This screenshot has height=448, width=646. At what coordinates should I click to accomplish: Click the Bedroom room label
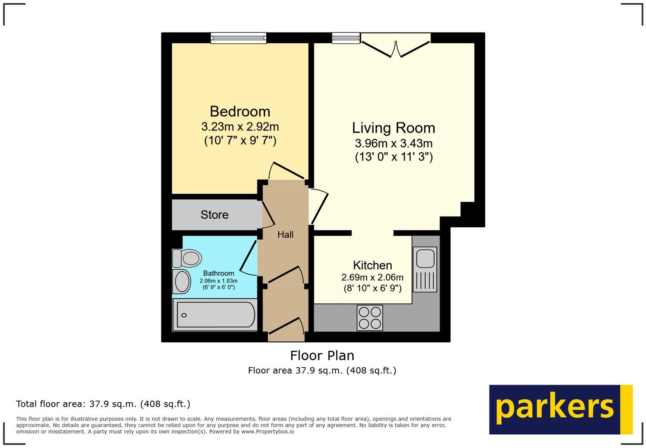point(240,112)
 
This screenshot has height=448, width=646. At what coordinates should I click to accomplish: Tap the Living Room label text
point(393,128)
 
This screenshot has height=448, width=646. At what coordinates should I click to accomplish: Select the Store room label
point(214,215)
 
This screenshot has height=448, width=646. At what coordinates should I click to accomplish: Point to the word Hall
point(285,235)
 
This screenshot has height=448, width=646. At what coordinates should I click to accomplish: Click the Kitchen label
point(372,265)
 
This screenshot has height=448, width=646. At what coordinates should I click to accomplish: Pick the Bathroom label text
point(218,273)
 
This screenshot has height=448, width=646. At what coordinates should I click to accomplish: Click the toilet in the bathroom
point(187,258)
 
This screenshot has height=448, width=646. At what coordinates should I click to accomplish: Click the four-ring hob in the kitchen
point(370,318)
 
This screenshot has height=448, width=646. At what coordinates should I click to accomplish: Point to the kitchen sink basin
point(424,259)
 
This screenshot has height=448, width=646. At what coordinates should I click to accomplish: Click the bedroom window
point(238,38)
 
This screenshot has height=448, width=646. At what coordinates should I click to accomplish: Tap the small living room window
point(346,38)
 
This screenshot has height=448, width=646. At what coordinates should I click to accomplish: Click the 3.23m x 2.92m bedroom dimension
point(240,126)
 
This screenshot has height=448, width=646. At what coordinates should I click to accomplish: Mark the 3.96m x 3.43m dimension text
point(393,144)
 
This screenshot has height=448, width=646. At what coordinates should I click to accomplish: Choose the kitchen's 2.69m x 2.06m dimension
point(372,278)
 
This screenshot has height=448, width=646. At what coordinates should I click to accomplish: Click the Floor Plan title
point(322,355)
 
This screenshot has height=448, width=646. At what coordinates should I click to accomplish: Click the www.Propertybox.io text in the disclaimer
point(267,432)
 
